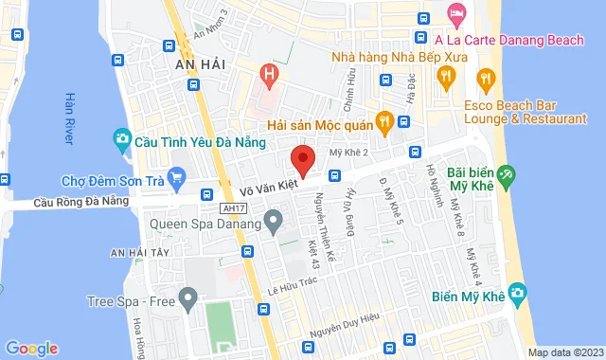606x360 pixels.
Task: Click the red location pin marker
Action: coord(302,159)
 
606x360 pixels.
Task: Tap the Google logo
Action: coord(30,348)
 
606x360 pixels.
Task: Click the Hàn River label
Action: coord(68,117)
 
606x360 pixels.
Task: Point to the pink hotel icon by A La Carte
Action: coord(455,14)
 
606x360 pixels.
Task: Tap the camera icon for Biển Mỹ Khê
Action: coord(516,293)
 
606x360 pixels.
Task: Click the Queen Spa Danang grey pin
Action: coord(274,225)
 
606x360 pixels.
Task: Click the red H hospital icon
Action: coord(271,74)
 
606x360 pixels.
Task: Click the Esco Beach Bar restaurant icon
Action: coord(486,79)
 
